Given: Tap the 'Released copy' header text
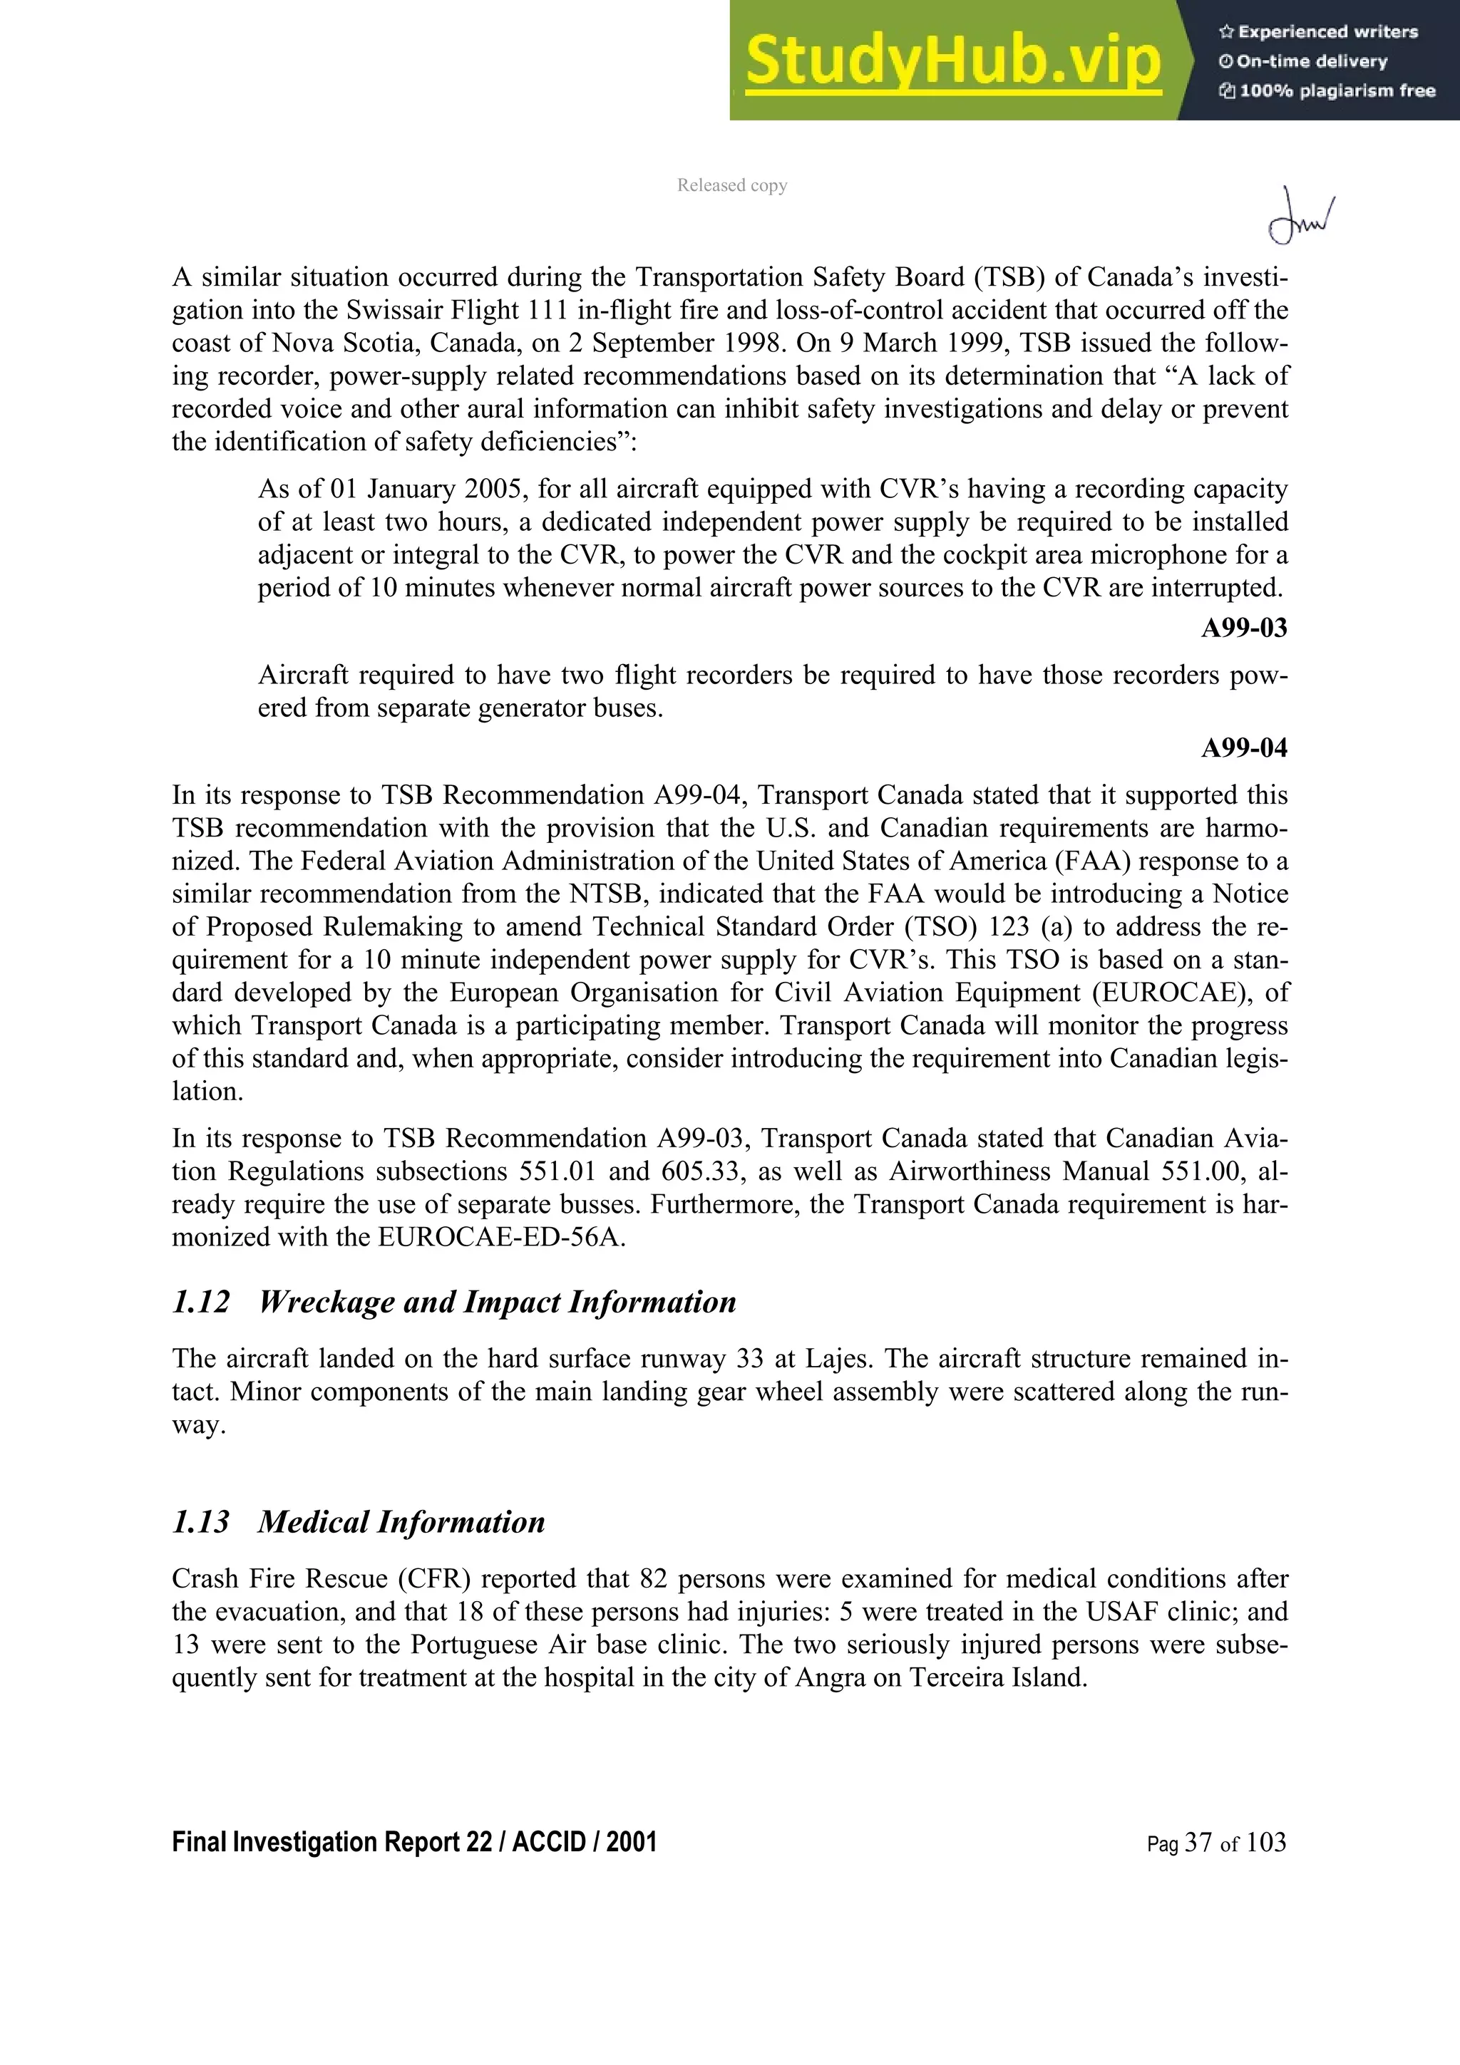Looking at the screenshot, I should pyautogui.click(x=731, y=185).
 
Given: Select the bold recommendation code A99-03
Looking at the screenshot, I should pyautogui.click(x=1244, y=628).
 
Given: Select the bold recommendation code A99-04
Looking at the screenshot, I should pyautogui.click(x=1244, y=747).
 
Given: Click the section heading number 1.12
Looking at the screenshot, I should pyautogui.click(x=200, y=1301).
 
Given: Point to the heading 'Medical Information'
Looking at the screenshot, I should pyautogui.click(x=401, y=1522).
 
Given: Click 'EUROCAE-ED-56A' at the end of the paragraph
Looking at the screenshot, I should pyautogui.click(x=501, y=1237).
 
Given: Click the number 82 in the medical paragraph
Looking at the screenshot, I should pyautogui.click(x=653, y=1578).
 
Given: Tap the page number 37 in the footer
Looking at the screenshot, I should pyautogui.click(x=1198, y=1842).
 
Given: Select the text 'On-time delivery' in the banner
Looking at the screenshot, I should pyautogui.click(x=1312, y=61).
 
